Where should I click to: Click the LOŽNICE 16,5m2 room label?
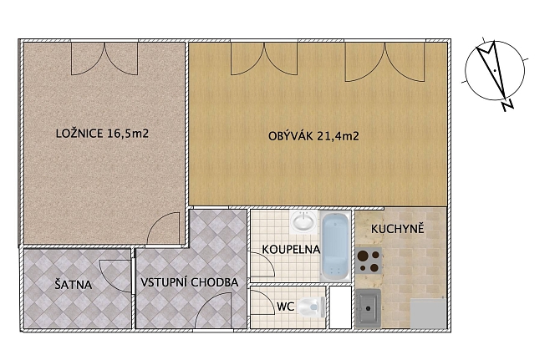click(x=102, y=134)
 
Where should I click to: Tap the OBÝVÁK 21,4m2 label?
click(x=313, y=136)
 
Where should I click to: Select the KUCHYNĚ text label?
click(x=398, y=229)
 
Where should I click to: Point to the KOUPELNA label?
click(x=291, y=250)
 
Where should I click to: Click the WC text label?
click(x=285, y=307)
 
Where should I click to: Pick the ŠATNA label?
click(x=74, y=285)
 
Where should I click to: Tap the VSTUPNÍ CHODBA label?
click(x=189, y=282)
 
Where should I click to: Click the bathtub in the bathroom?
click(x=335, y=246)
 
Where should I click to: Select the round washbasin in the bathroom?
click(x=304, y=221)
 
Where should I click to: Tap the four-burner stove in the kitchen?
click(x=369, y=261)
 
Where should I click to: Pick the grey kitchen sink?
click(x=369, y=308)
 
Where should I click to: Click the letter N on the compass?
click(x=507, y=105)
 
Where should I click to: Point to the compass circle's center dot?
click(x=495, y=71)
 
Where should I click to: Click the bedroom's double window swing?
click(x=104, y=58)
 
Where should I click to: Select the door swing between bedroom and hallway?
click(x=164, y=228)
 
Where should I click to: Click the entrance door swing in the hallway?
click(x=214, y=310)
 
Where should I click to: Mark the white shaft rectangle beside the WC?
click(x=340, y=307)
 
